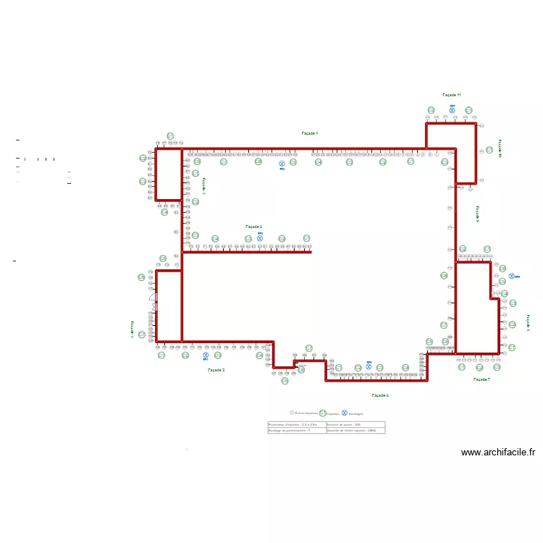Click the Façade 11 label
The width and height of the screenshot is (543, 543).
click(x=452, y=95)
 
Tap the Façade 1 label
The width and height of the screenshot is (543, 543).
click(x=310, y=133)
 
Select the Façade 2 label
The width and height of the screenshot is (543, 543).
click(x=253, y=227)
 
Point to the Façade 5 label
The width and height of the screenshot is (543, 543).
click(x=216, y=370)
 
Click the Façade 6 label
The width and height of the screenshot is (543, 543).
click(x=380, y=395)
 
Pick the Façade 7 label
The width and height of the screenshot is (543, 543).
click(x=481, y=379)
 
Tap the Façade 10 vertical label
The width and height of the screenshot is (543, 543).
click(x=500, y=150)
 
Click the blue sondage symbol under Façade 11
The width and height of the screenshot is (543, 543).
click(x=452, y=111)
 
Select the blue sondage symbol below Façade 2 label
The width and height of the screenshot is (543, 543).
click(x=260, y=237)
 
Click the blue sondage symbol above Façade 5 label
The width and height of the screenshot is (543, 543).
click(x=206, y=355)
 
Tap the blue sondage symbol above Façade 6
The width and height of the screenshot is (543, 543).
click(x=369, y=366)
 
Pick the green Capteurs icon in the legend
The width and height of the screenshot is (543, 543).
click(x=323, y=413)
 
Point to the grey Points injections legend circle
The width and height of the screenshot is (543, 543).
click(x=292, y=413)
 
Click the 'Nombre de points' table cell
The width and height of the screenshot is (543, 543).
click(x=355, y=424)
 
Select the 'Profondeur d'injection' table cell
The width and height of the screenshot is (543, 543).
click(x=297, y=424)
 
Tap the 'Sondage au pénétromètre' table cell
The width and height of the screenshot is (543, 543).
click(x=297, y=431)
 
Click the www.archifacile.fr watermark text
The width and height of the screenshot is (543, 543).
click(x=498, y=452)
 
